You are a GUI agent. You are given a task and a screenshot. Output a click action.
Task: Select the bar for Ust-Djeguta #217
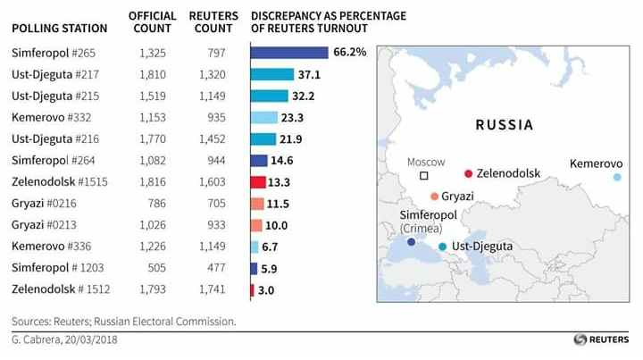[x=272, y=74]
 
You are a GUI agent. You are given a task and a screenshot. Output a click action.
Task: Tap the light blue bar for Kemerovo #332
[x=264, y=117]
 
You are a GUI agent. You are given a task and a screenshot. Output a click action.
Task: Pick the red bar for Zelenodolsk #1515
[x=258, y=182]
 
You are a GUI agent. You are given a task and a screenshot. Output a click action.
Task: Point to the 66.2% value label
[x=349, y=52]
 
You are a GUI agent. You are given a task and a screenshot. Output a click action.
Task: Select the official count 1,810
[x=152, y=74]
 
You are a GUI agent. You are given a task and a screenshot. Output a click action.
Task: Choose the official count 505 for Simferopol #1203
[x=157, y=268]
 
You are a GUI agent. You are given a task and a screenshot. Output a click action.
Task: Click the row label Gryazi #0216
[x=45, y=204]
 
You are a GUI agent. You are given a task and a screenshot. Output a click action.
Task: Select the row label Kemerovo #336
[x=50, y=247]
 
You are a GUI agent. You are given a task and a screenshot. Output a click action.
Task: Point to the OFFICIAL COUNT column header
[x=152, y=22]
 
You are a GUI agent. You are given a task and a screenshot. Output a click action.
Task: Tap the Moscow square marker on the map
[x=424, y=176]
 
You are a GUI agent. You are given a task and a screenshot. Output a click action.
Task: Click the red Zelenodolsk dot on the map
[x=468, y=173]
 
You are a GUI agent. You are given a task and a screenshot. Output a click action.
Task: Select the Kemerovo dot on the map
[x=616, y=178]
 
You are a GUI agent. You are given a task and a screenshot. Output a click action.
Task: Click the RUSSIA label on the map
[x=504, y=125]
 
